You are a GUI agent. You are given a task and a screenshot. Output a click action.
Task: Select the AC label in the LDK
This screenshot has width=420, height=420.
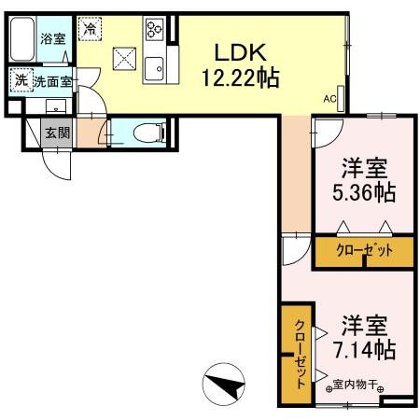(329, 97)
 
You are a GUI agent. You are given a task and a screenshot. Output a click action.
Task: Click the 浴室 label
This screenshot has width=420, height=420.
(52, 38)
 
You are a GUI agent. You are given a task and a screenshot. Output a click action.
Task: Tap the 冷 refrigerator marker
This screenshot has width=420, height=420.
(89, 30)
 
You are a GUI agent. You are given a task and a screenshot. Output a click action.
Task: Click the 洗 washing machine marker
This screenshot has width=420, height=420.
(20, 81)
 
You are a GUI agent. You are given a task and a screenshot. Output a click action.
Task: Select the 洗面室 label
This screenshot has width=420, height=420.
(52, 81)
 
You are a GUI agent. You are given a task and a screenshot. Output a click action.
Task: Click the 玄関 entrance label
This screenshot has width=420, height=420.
(57, 133)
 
